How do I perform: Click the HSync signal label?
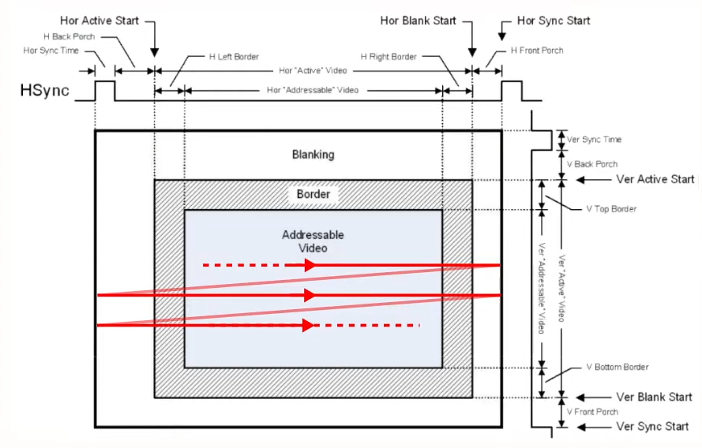[45, 91]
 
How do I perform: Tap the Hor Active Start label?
[99, 21]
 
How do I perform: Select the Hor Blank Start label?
[419, 21]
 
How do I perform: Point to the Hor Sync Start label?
[554, 21]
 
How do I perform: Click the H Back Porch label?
[69, 36]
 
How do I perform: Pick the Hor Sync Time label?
[51, 50]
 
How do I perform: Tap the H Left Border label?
[235, 57]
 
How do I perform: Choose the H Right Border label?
[389, 57]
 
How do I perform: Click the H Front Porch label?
[537, 50]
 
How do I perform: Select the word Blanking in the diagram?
[313, 155]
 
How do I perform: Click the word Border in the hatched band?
[313, 194]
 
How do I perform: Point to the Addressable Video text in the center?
[313, 241]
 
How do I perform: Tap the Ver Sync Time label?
[594, 140]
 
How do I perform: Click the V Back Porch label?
[592, 164]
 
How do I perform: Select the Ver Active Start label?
[655, 179]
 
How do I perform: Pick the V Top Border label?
[611, 209]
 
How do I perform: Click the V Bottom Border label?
[618, 367]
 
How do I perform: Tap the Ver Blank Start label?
[654, 397]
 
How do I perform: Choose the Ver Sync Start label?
[652, 427]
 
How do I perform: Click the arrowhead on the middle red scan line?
[310, 295]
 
